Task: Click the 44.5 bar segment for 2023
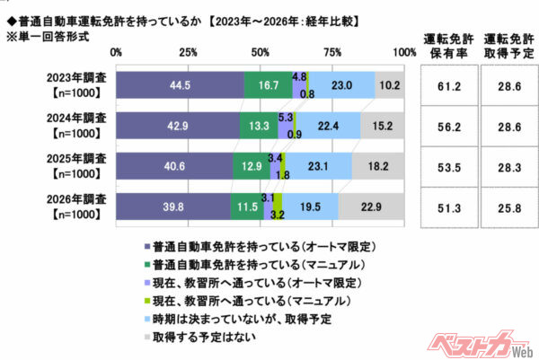[180, 83]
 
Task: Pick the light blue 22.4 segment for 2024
[329, 125]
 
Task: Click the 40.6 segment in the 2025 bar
[174, 165]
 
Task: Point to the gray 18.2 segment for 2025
[378, 165]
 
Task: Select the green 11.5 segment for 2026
[246, 206]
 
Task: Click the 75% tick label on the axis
[332, 54]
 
